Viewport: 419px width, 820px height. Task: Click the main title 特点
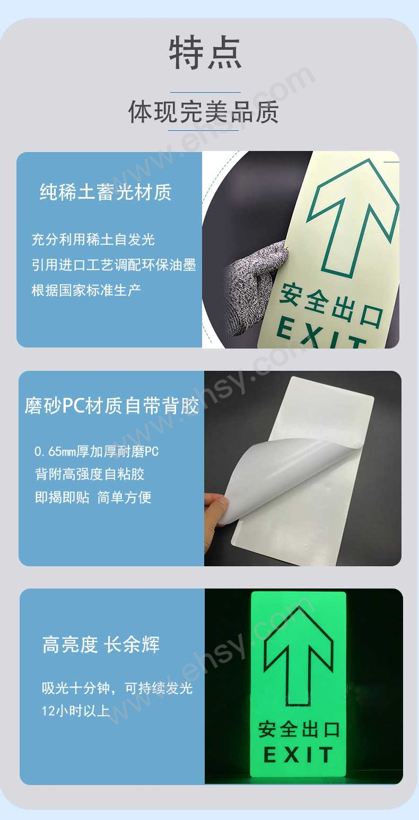click(x=205, y=52)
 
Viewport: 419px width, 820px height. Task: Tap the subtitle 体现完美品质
click(x=204, y=111)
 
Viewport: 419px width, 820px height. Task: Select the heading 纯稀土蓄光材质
click(x=106, y=192)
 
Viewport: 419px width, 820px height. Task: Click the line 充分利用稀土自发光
click(x=93, y=239)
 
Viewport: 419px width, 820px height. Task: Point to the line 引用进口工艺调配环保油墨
click(x=114, y=265)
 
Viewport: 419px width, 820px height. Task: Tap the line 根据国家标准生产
click(x=86, y=290)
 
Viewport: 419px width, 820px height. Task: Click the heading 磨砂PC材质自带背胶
click(x=112, y=406)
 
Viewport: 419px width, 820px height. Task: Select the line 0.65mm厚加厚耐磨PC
click(x=97, y=451)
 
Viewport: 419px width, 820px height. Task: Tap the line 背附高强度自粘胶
click(x=90, y=474)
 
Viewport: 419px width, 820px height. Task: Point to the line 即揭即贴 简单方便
click(x=93, y=497)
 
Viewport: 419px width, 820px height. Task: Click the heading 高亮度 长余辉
click(x=101, y=645)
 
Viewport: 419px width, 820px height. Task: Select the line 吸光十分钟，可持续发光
click(x=117, y=688)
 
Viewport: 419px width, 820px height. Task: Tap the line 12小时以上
click(x=76, y=710)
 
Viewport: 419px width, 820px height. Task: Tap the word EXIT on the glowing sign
click(x=298, y=754)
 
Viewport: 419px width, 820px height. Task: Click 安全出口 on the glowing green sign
click(x=299, y=729)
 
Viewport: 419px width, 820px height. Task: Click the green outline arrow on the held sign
click(x=353, y=217)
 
